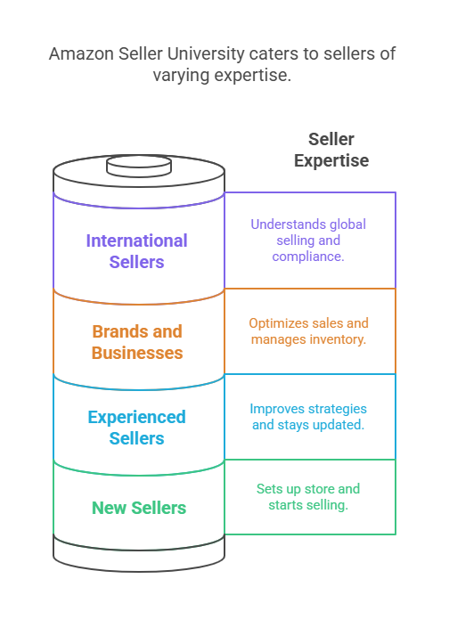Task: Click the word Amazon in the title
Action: point(81,54)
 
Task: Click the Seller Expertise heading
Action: point(331,150)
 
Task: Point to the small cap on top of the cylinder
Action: point(139,167)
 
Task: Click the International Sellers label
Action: point(136,251)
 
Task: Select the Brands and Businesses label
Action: point(137,342)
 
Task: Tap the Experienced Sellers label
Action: point(136,428)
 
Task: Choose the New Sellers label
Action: point(139,509)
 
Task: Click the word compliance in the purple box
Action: point(308,257)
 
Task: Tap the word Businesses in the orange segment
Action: point(137,353)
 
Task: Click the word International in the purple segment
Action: point(136,241)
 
